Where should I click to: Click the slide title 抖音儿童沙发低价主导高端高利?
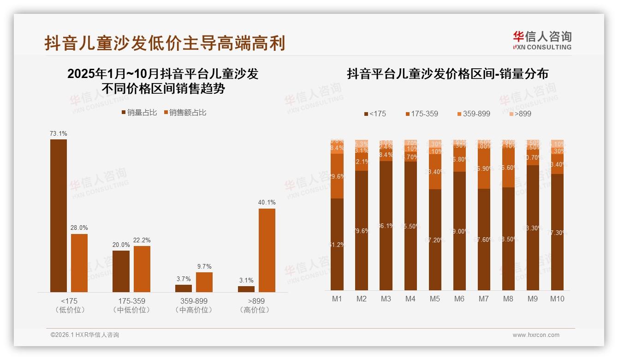click(x=165, y=43)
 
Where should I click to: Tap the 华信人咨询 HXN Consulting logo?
click(x=542, y=40)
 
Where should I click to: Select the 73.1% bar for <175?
click(x=59, y=216)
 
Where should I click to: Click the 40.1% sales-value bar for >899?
click(x=267, y=250)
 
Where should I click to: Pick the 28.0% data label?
click(x=79, y=228)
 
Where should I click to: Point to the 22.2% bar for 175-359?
click(x=142, y=269)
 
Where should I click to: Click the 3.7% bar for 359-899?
click(x=184, y=288)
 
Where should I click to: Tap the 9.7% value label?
click(x=204, y=266)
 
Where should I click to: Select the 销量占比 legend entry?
click(x=140, y=113)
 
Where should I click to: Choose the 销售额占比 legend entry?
click(x=185, y=113)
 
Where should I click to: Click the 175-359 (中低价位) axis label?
click(x=131, y=305)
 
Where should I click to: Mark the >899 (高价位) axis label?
click(x=255, y=305)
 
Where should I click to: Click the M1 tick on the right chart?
click(x=337, y=299)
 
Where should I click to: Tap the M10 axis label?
click(x=557, y=299)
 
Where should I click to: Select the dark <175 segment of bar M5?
click(x=435, y=240)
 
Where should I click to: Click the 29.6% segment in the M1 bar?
click(x=337, y=176)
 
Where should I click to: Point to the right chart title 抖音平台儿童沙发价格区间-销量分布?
click(x=447, y=74)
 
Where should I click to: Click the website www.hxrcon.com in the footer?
click(x=536, y=335)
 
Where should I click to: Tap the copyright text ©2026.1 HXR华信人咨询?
click(x=85, y=335)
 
